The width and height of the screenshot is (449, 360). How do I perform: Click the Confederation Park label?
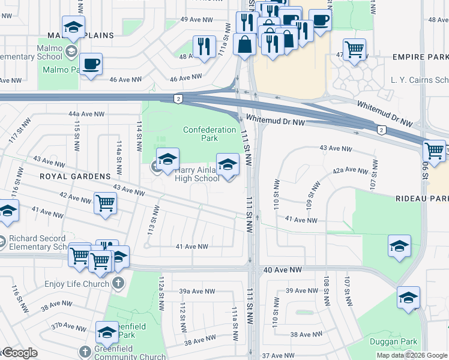coord(209,134)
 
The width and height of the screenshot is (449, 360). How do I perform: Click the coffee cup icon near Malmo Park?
coord(91,64)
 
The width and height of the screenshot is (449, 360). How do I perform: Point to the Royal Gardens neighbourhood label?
coord(75,176)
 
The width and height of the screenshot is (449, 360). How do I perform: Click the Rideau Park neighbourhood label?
coord(422,199)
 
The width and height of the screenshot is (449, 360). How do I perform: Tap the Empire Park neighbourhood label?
coord(420,57)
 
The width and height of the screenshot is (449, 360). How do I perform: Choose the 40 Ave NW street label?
coord(281,270)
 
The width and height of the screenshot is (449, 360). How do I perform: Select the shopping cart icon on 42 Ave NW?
coord(105,203)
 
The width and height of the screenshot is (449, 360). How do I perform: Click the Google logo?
coord(19,353)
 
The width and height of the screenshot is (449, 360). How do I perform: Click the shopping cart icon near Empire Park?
coord(354,49)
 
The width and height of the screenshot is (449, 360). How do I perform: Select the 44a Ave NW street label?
coord(86,113)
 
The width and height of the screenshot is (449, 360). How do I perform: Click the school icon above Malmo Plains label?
coord(73,26)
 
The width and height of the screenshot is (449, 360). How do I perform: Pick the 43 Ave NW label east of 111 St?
coord(336,148)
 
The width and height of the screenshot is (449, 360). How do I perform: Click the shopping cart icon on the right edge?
coord(434,150)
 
